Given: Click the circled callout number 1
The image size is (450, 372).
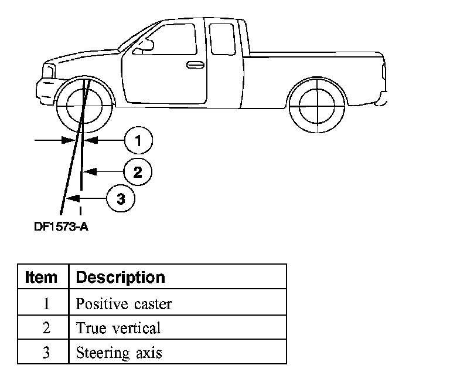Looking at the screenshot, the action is coord(139,141).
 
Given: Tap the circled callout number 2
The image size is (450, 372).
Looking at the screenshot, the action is coord(138,172).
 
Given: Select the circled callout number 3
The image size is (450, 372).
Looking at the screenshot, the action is coord(121,198).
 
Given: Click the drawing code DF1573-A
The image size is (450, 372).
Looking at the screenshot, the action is coord(61,227).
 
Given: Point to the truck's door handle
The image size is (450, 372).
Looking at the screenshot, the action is coord(196,65).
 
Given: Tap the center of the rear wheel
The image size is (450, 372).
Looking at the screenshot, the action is coord(317,106).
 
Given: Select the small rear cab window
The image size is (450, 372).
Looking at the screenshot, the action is coord(222,39).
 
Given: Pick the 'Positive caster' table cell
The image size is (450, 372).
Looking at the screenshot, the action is coord(178,302).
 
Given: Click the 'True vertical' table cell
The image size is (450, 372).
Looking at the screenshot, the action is coord(178,327).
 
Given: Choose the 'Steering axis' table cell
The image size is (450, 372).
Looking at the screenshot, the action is coord(178,351).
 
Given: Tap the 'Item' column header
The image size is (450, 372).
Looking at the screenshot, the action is coord(43,276).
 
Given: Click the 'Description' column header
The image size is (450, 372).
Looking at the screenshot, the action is coord(178,276).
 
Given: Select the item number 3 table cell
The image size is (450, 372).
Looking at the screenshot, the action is coord(43,351).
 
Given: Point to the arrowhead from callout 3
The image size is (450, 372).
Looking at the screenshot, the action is coord(73,198).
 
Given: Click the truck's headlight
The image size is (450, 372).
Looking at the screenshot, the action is coord(49,71).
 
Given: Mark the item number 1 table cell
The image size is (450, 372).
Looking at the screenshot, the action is coord(43,302).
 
